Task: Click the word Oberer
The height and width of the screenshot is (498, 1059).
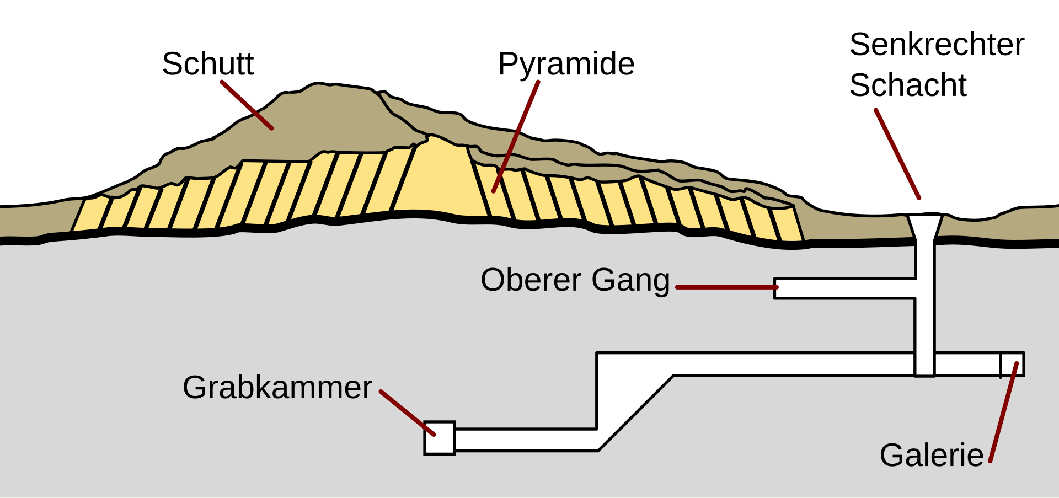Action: [x=531, y=280]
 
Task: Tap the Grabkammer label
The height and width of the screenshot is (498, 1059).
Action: [x=277, y=388]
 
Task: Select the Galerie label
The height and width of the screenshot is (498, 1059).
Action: [x=931, y=456]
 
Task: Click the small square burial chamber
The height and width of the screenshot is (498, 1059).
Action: [x=439, y=438]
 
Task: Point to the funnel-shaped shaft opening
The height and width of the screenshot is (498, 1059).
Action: [x=925, y=227]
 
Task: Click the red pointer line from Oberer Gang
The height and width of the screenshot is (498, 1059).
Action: [x=726, y=287]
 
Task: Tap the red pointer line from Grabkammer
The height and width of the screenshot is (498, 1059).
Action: [x=407, y=413]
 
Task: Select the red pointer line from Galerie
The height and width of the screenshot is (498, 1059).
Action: [x=1003, y=413]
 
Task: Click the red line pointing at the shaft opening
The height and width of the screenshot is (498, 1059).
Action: [x=897, y=154]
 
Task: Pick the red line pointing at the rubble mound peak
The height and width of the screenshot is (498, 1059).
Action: [x=247, y=105]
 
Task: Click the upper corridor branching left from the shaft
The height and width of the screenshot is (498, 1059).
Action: [x=844, y=288]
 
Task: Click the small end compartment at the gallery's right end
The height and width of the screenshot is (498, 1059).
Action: [x=1013, y=364]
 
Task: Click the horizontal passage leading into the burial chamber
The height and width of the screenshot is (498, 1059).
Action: [x=524, y=440]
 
